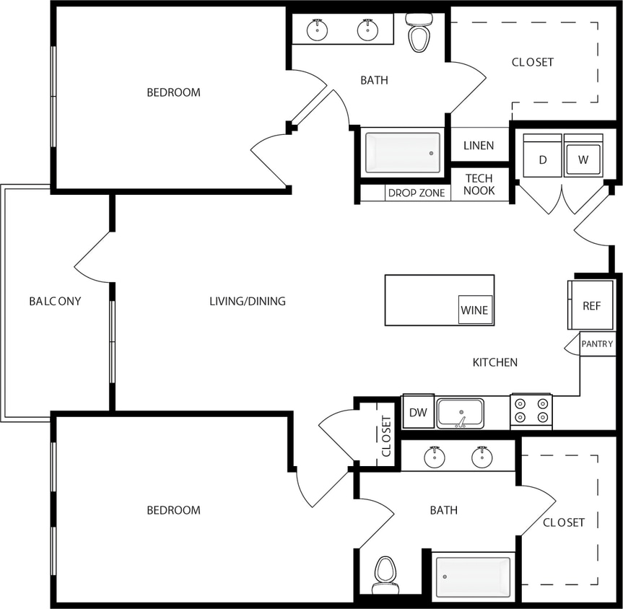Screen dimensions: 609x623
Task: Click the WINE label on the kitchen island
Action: pyautogui.click(x=474, y=310)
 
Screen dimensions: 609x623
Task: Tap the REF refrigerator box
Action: pyautogui.click(x=591, y=305)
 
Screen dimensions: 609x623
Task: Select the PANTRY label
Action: pyautogui.click(x=597, y=344)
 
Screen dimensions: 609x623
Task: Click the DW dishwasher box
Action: pyautogui.click(x=417, y=412)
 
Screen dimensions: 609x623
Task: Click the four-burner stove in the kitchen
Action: pyautogui.click(x=531, y=411)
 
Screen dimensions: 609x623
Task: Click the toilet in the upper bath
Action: pyautogui.click(x=419, y=33)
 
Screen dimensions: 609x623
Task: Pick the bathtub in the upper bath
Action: pyautogui.click(x=402, y=153)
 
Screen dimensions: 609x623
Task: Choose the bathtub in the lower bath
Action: pyautogui.click(x=473, y=577)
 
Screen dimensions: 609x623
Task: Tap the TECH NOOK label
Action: pyautogui.click(x=479, y=185)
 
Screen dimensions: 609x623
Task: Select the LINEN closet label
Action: pyautogui.click(x=479, y=145)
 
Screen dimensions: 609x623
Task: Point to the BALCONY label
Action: pyautogui.click(x=55, y=301)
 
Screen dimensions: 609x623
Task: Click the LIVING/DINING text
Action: pyautogui.click(x=248, y=301)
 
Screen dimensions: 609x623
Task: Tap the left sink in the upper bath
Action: pyautogui.click(x=316, y=30)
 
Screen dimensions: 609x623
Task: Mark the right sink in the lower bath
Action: pyautogui.click(x=482, y=457)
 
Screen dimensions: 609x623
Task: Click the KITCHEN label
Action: pyautogui.click(x=495, y=362)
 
